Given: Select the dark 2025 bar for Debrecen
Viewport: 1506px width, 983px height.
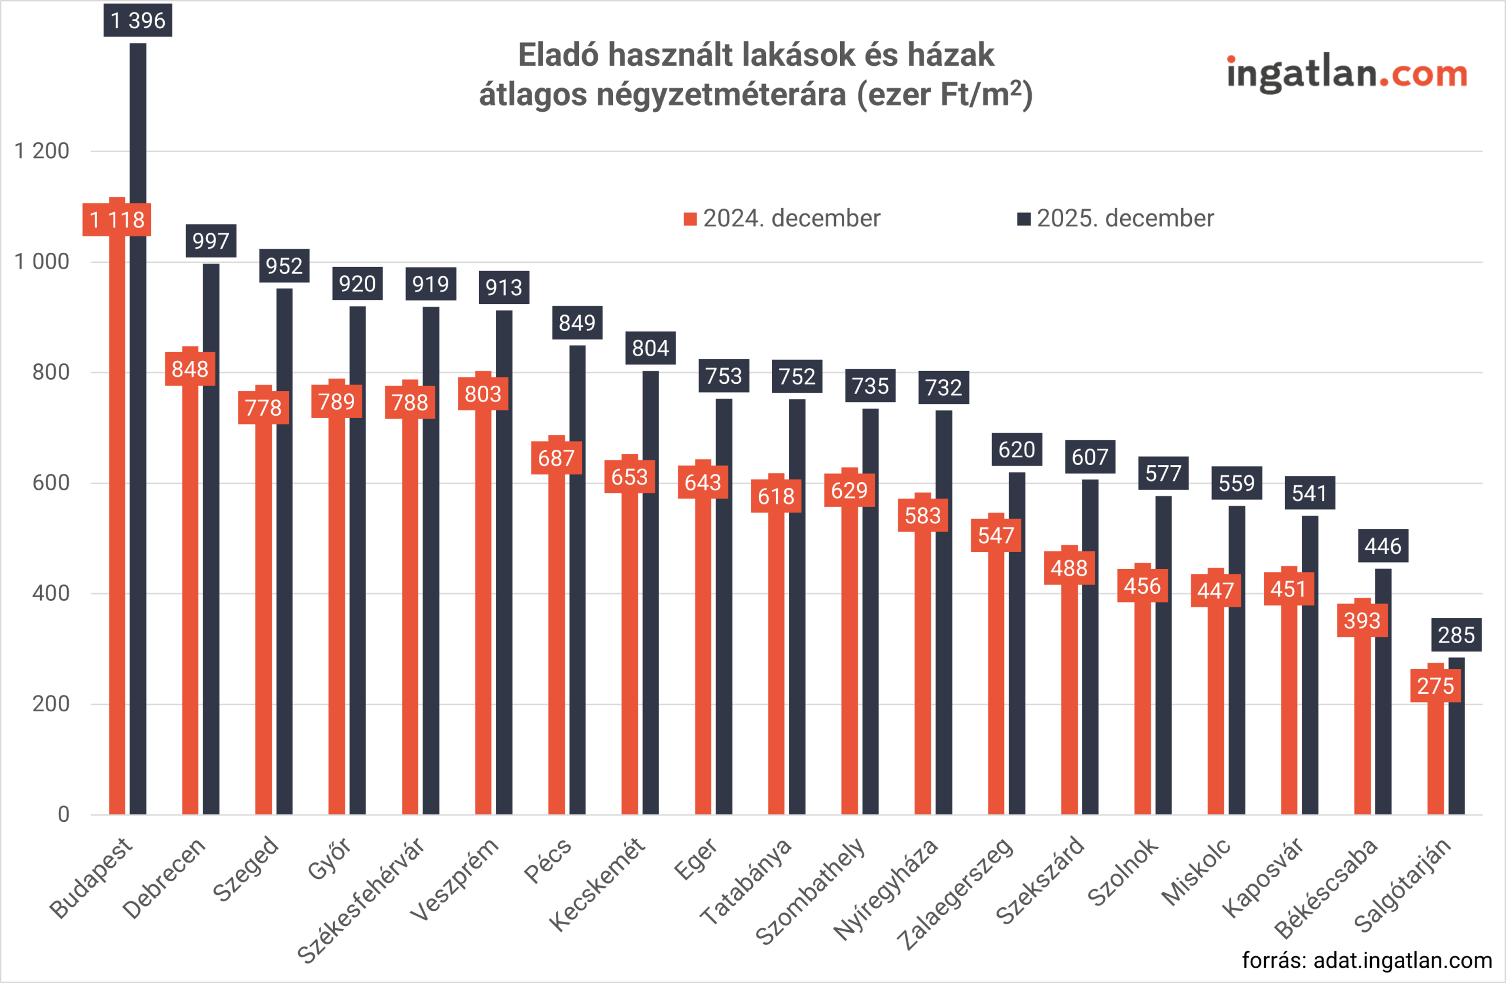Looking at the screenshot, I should [x=211, y=538].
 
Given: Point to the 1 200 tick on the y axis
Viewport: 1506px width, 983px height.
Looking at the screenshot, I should [x=42, y=151].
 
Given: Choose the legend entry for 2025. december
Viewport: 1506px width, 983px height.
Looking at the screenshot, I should [x=1115, y=218].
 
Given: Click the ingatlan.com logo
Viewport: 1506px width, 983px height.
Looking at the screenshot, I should [x=1346, y=73].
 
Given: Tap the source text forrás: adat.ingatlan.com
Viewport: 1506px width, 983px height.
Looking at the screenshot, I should [x=1367, y=960].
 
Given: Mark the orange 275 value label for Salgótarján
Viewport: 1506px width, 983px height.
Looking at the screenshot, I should [x=1435, y=686].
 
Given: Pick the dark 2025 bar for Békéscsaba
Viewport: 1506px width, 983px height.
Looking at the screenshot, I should [x=1383, y=696].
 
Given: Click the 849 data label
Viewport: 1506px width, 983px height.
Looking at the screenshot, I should [x=577, y=323].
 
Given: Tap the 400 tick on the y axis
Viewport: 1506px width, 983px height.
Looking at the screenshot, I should [x=51, y=593].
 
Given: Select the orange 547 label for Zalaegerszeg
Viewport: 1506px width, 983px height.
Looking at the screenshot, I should [x=995, y=536].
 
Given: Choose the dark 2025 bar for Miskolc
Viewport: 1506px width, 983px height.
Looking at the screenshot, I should [x=1237, y=664].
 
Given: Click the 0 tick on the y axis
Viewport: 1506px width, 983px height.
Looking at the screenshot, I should [x=64, y=814].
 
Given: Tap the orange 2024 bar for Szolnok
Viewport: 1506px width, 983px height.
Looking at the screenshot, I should [x=1142, y=708].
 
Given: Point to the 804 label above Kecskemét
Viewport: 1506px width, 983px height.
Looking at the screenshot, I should [x=650, y=348].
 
